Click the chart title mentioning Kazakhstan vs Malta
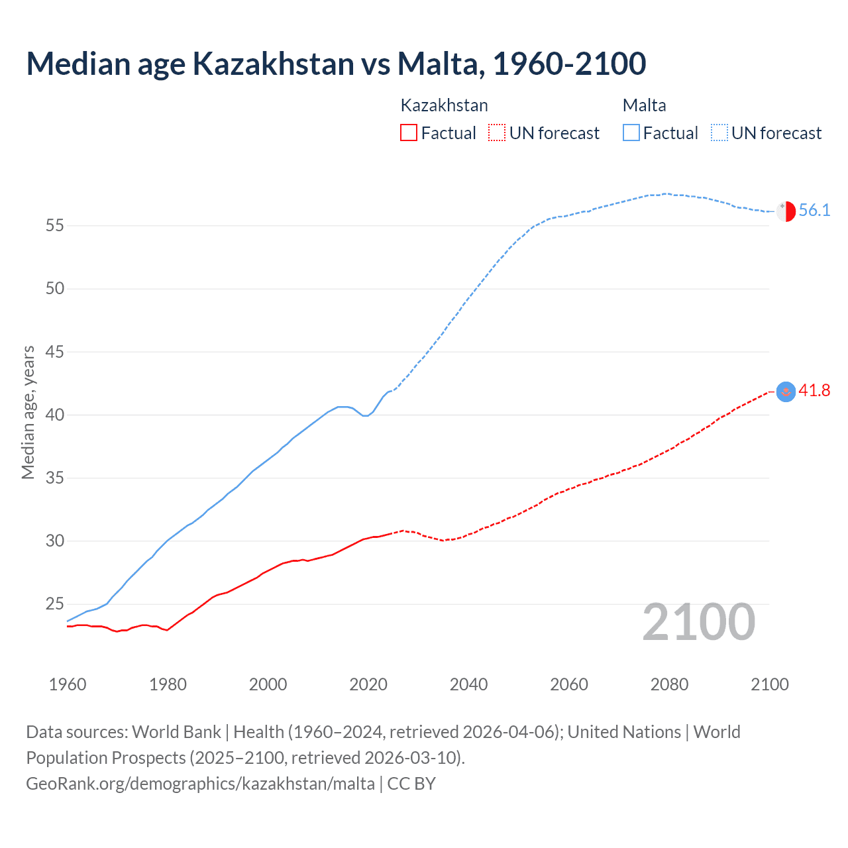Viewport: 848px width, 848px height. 336,64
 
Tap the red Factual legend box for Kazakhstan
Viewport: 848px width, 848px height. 409,133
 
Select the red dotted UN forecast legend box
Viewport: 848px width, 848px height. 497,133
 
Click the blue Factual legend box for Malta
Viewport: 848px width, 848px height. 631,133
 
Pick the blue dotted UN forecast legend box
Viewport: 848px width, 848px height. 719,133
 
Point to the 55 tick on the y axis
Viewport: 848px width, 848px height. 55,225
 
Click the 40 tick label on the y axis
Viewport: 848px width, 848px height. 55,415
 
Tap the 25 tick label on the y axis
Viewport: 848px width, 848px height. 55,604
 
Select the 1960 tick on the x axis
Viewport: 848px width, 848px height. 68,684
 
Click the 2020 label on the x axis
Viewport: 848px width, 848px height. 368,684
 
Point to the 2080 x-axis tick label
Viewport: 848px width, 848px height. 669,684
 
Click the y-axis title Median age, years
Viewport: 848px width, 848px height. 28,412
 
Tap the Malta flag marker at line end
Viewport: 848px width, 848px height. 786,211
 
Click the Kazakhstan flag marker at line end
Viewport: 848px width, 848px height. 786,392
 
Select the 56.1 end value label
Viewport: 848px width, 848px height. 814,211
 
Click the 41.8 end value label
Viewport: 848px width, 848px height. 814,391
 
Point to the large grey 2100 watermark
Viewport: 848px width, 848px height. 698,622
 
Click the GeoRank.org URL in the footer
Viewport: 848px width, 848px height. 200,784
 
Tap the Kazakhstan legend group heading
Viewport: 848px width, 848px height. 444,105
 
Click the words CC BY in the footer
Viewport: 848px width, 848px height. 411,784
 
